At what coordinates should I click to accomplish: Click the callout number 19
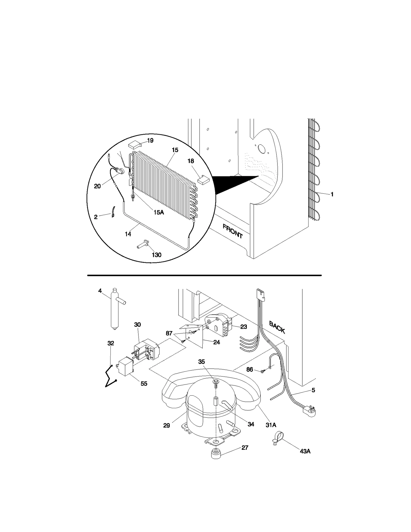pyautogui.click(x=150, y=141)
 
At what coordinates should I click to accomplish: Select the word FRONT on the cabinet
pyautogui.click(x=232, y=231)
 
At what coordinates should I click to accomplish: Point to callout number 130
pyautogui.click(x=156, y=255)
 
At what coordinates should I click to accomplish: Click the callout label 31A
pyautogui.click(x=271, y=425)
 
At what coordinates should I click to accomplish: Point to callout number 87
pyautogui.click(x=169, y=333)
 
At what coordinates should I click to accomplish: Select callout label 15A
pyautogui.click(x=158, y=212)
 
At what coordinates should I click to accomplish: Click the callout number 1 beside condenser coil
pyautogui.click(x=332, y=194)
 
